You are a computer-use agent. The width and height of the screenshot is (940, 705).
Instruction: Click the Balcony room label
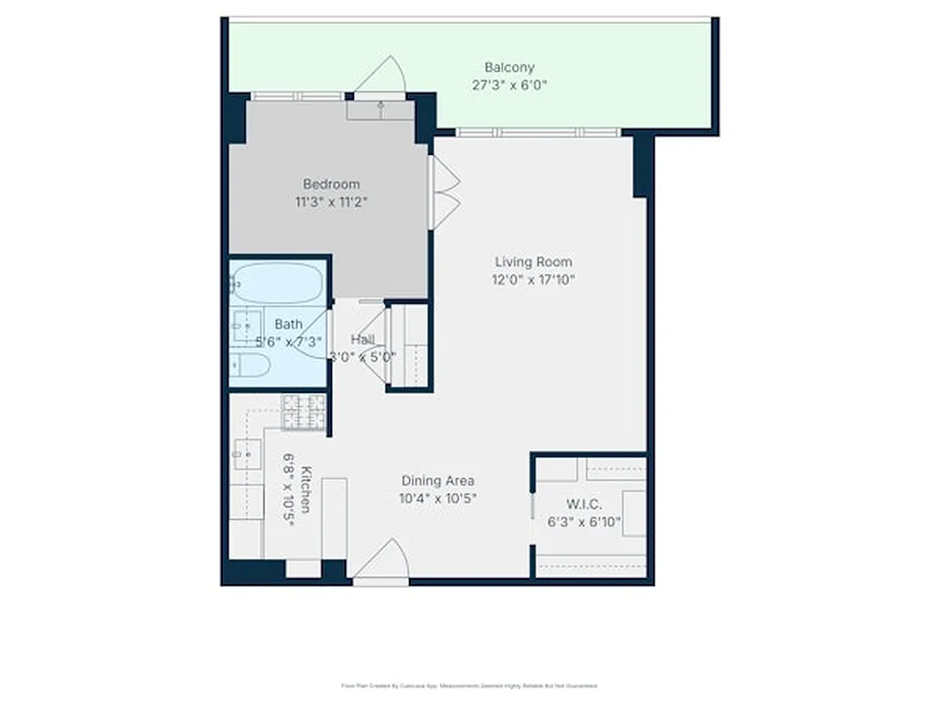click(509, 67)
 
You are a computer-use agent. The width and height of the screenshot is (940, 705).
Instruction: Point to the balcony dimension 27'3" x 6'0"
click(509, 85)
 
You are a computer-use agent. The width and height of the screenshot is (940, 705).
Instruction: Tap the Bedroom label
click(331, 184)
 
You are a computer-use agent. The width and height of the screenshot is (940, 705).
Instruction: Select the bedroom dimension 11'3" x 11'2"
click(331, 202)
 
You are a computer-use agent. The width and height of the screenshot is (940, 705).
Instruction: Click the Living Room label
click(533, 262)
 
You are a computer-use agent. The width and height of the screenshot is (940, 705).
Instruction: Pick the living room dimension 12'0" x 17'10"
click(533, 280)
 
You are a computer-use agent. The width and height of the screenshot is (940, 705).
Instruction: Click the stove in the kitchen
click(303, 412)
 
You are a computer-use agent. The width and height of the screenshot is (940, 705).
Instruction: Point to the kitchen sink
click(247, 455)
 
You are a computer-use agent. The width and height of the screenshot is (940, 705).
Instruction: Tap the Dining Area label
click(438, 480)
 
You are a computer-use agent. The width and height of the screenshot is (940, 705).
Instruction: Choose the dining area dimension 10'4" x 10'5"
click(438, 498)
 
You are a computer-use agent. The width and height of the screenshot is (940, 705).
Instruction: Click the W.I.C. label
click(583, 504)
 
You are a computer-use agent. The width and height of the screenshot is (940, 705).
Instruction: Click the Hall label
click(362, 339)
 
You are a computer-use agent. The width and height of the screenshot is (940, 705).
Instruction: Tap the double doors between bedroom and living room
click(445, 192)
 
